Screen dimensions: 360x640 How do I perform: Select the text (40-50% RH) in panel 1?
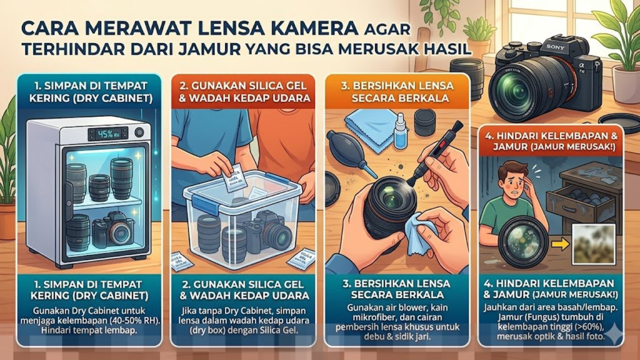coord(116,319)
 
